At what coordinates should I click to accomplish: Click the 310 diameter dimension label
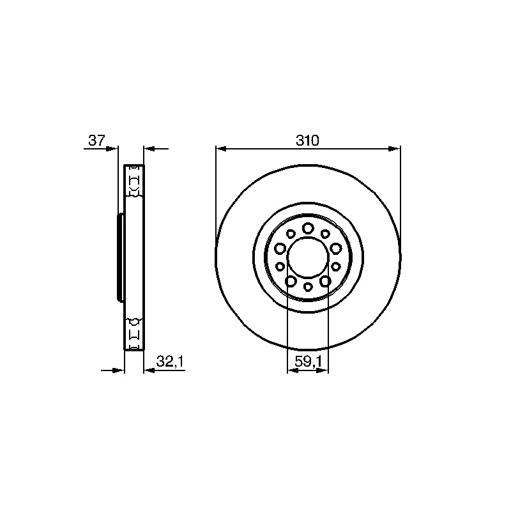click(307, 141)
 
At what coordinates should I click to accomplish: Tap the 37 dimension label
click(96, 141)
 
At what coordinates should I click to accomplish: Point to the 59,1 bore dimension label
click(308, 362)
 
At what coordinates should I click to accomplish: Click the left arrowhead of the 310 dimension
click(221, 149)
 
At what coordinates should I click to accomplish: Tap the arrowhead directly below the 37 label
click(112, 149)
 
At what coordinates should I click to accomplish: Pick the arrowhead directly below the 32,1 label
click(149, 370)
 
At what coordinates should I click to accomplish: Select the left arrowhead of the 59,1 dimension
click(293, 370)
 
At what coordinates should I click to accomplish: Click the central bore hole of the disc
click(308, 257)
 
